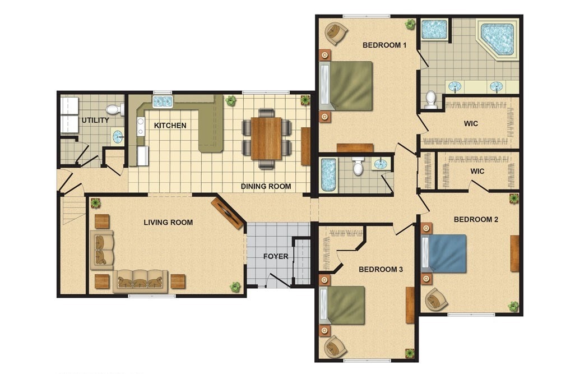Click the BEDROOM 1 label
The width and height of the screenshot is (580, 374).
click(x=384, y=45)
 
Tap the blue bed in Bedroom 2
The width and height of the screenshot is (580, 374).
click(x=444, y=253)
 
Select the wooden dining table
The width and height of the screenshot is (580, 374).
click(x=266, y=138)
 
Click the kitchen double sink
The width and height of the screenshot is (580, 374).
click(x=163, y=101)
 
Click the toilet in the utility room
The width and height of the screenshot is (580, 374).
click(x=115, y=109)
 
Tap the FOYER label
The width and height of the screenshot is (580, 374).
click(x=276, y=256)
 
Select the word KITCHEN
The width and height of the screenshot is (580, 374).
click(x=170, y=126)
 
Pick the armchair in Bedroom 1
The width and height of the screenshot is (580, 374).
click(x=336, y=33)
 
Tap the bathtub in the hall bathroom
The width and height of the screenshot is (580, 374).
click(x=328, y=175)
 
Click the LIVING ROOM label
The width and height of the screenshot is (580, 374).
click(x=168, y=223)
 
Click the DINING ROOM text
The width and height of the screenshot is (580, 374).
click(x=266, y=187)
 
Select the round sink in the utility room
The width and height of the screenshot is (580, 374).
click(x=118, y=136)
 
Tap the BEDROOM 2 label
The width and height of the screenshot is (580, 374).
click(x=476, y=220)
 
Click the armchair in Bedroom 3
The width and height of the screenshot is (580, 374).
click(x=335, y=347)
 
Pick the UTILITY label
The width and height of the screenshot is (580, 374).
click(x=95, y=121)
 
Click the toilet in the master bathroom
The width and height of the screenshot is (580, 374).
click(x=431, y=99)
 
